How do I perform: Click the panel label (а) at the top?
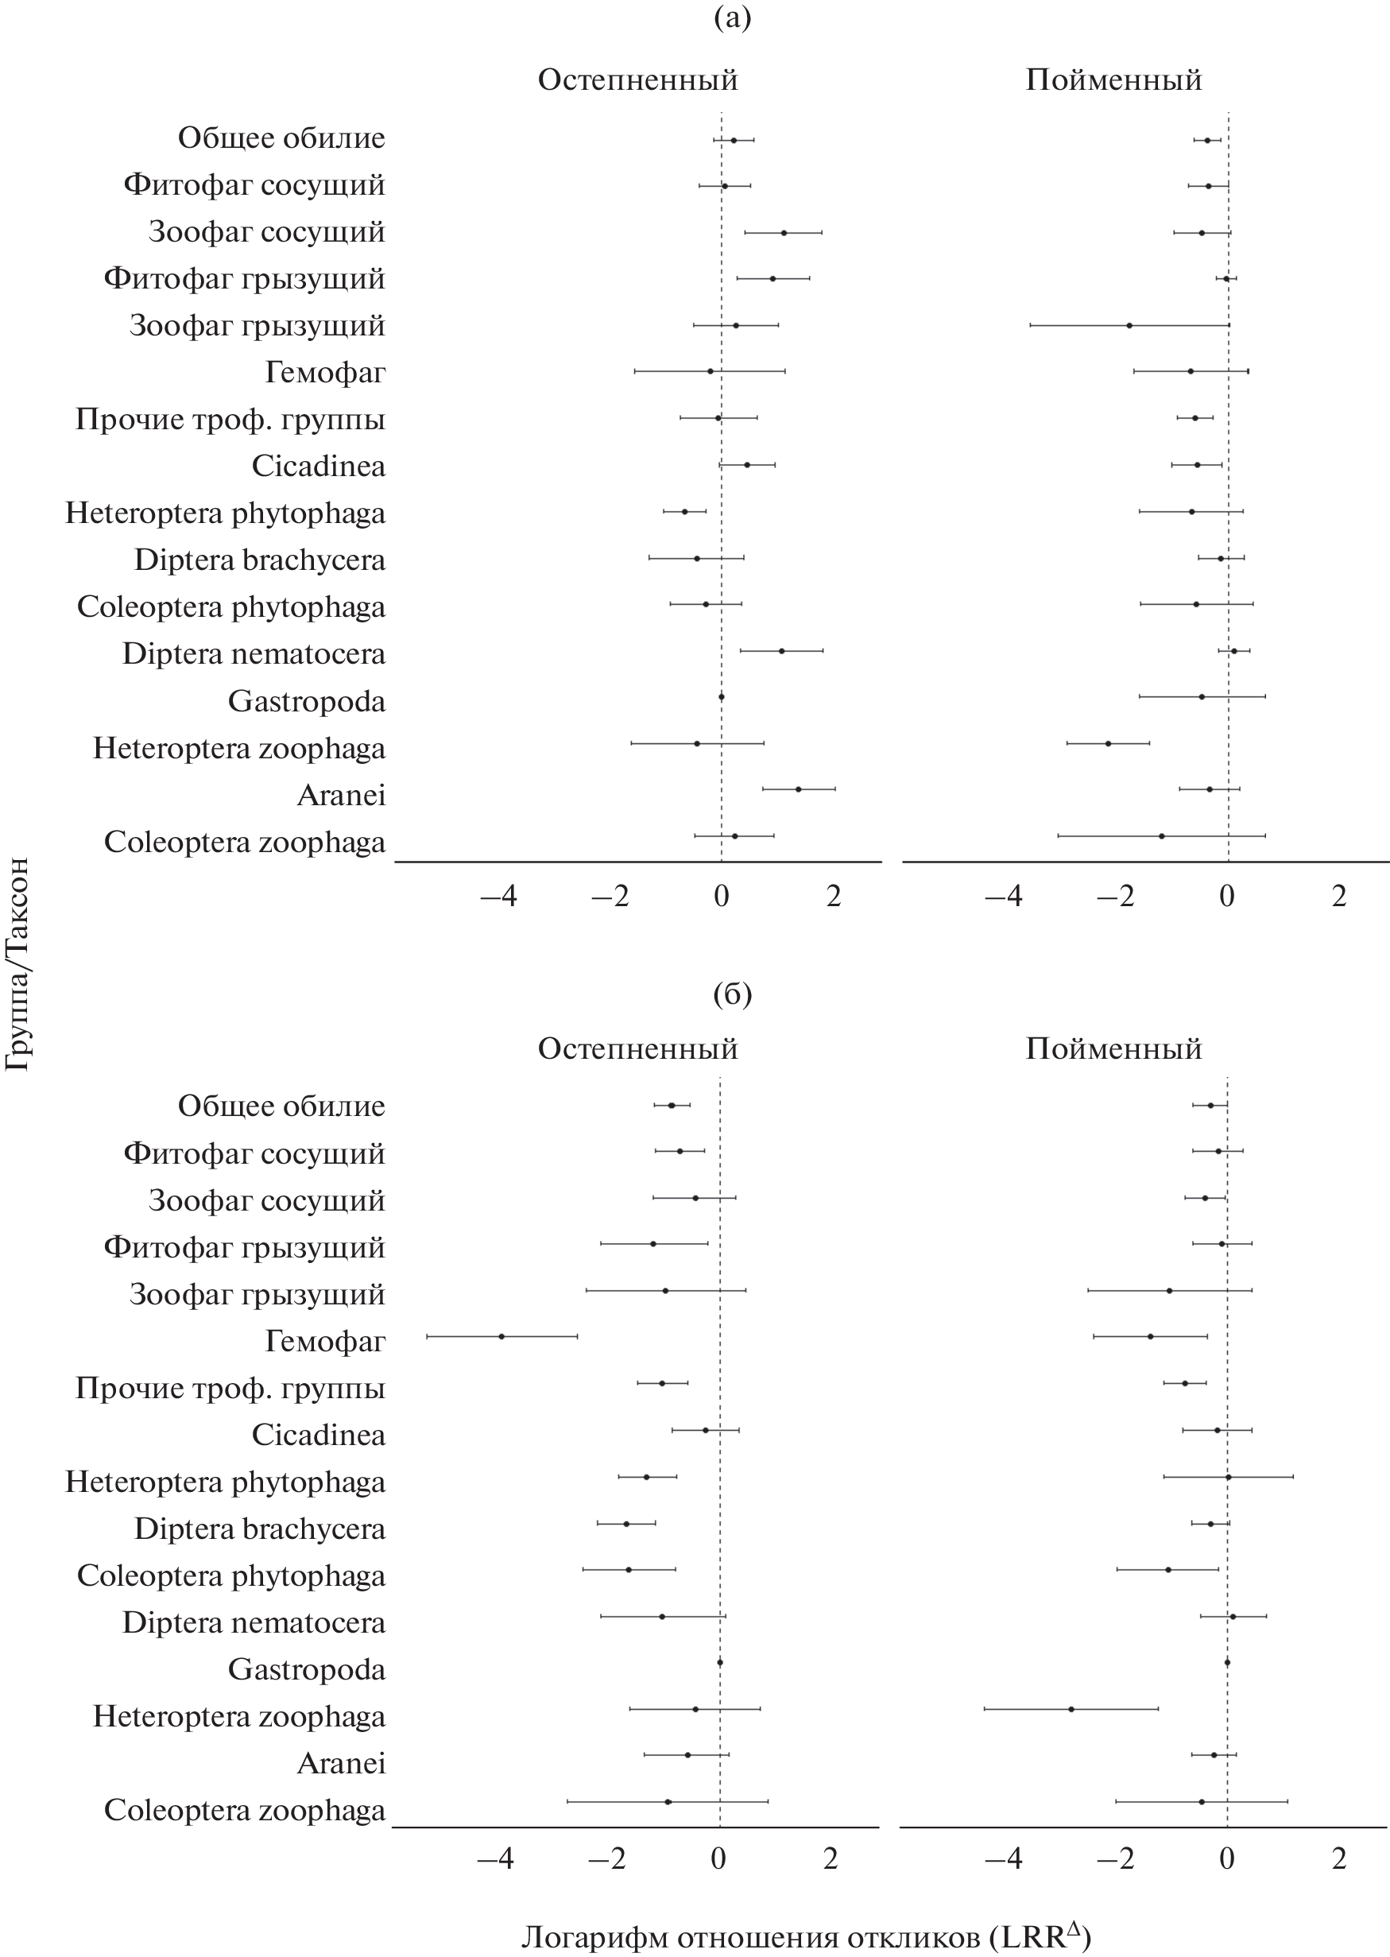click(732, 17)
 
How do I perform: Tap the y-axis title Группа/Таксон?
click(18, 963)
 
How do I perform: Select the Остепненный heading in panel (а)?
click(637, 79)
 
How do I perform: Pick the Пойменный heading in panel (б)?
click(1113, 1048)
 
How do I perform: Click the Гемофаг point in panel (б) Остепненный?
click(501, 1335)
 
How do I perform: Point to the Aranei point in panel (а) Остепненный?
click(799, 789)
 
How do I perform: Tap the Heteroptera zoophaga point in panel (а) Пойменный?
click(1108, 743)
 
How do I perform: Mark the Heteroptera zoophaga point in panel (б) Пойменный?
click(1071, 1708)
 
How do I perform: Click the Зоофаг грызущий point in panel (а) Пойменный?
click(1129, 325)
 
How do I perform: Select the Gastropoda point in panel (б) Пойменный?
click(1226, 1661)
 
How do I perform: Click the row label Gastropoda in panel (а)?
click(307, 701)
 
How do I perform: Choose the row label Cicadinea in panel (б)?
click(319, 1434)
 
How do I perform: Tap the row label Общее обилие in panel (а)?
click(281, 138)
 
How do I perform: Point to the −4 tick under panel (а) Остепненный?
click(498, 897)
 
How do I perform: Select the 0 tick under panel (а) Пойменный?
click(1226, 897)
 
